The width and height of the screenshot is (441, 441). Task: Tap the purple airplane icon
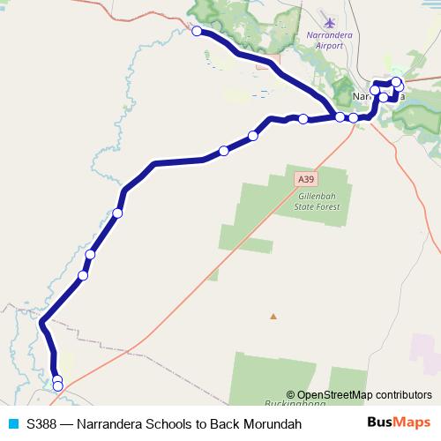coord(330,21)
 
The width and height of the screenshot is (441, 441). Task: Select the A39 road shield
coord(303,178)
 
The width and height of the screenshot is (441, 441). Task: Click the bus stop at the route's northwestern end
coord(197,31)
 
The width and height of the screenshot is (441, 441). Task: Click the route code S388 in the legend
coord(43,424)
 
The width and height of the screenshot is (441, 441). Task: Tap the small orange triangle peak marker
coord(273,316)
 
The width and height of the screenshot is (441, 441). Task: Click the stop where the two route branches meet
coord(340,117)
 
